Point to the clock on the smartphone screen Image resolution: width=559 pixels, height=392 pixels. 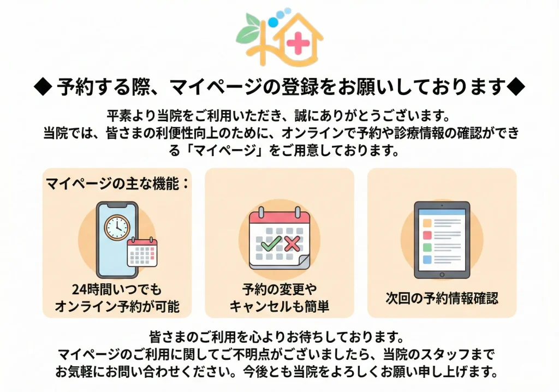[116, 227]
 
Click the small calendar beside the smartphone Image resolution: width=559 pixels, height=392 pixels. [142, 252]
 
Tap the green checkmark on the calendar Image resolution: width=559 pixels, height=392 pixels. [271, 243]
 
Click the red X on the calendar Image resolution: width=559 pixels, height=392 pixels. [292, 243]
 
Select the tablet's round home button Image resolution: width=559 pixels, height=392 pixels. [442, 275]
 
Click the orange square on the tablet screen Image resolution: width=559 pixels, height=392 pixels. [427, 223]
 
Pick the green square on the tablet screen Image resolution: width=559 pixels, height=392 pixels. [427, 247]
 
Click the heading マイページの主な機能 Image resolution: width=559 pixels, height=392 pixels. [117, 183]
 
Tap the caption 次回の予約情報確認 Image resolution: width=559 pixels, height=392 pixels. [442, 298]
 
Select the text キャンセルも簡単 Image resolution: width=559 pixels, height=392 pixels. [279, 306]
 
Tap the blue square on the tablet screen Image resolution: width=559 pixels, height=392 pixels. [427, 259]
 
